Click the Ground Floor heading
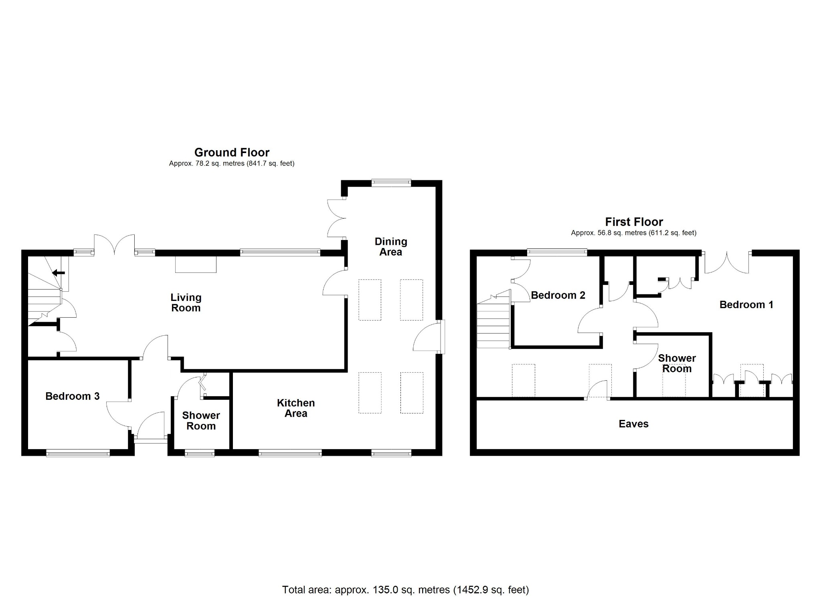tap(232, 152)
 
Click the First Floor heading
tap(634, 222)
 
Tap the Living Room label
tap(186, 303)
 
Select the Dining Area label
tap(391, 246)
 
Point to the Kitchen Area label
tap(296, 408)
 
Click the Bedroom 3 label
tap(73, 396)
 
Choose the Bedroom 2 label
tap(558, 295)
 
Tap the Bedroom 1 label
tap(746, 305)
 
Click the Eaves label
tap(633, 424)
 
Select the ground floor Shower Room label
tap(201, 421)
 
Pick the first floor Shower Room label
tap(677, 363)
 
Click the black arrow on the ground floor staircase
tap(59, 273)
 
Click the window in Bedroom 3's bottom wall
tap(78, 453)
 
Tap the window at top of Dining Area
tap(391, 183)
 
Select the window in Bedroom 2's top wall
tap(557, 252)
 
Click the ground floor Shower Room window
tap(200, 453)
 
